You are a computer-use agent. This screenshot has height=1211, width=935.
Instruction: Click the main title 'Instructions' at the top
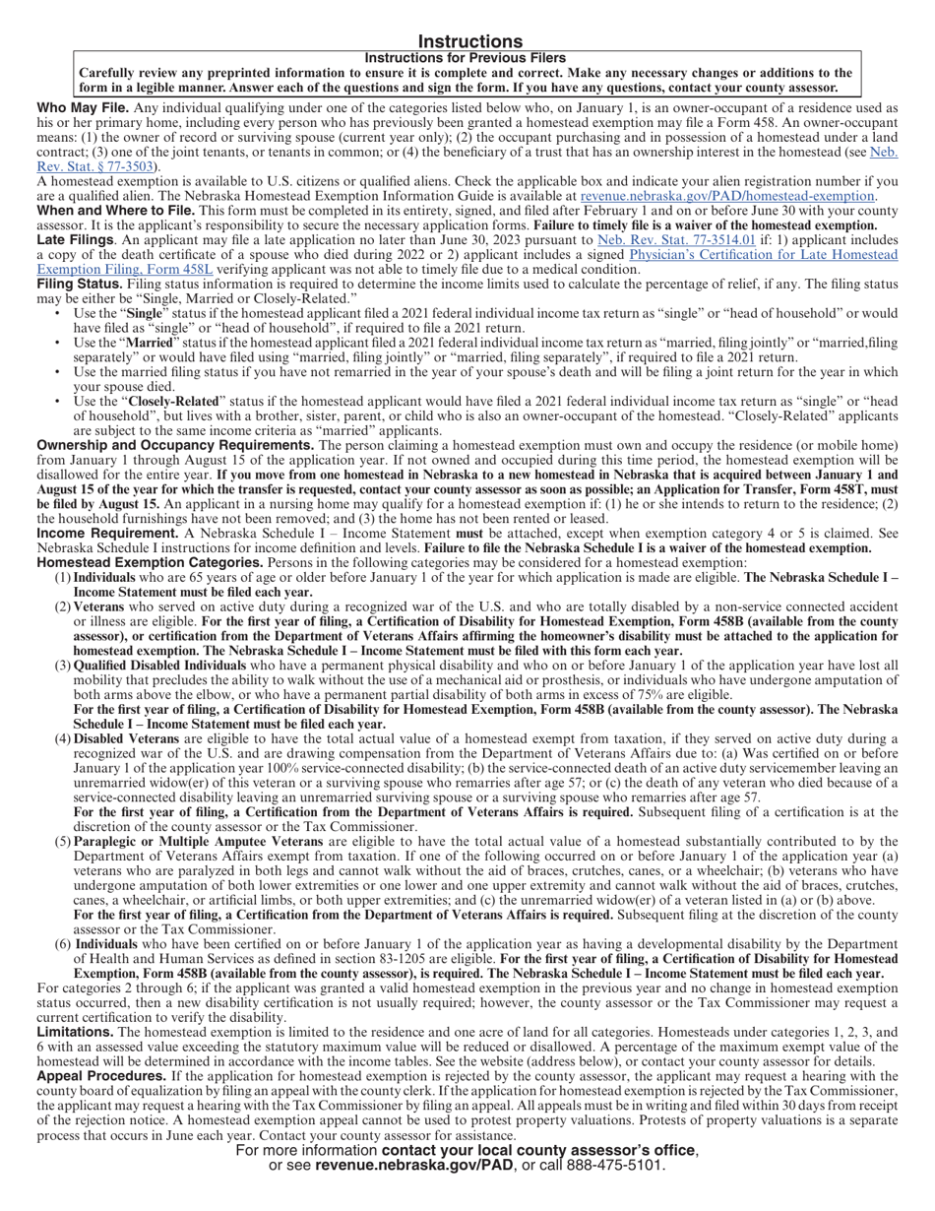pos(469,41)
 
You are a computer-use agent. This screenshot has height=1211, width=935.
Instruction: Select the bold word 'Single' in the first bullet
pos(144,313)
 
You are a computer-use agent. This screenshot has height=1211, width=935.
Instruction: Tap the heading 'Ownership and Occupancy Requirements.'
pos(175,445)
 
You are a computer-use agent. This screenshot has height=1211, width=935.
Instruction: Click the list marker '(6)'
pos(62,944)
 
